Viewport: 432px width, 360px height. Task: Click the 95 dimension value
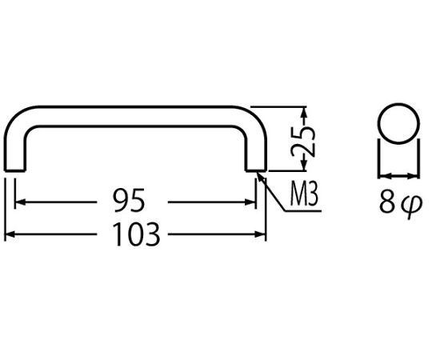tap(130, 200)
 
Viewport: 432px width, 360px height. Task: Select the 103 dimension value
tap(136, 234)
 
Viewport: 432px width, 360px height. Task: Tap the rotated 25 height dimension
tap(303, 142)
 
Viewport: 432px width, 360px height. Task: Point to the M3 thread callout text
tap(304, 194)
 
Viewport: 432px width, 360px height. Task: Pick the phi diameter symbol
tap(411, 206)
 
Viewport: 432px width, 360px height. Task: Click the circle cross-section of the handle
tap(399, 123)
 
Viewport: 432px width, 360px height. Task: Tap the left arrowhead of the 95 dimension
tap(20, 202)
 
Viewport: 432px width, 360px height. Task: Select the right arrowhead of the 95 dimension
tap(250, 202)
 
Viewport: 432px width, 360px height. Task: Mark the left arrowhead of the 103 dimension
tap(10, 234)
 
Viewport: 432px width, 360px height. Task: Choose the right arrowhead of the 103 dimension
tap(261, 234)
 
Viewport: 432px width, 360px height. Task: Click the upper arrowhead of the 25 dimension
tap(304, 112)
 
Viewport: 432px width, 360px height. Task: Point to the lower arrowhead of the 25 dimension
tap(304, 166)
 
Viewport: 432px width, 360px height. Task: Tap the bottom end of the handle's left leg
tap(15, 170)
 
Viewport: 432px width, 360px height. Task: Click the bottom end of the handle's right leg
tap(256, 170)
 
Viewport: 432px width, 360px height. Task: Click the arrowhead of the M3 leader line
tap(261, 177)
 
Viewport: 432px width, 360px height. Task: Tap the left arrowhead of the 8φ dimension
tap(384, 175)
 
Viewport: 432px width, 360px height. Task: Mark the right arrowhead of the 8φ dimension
tap(414, 175)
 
